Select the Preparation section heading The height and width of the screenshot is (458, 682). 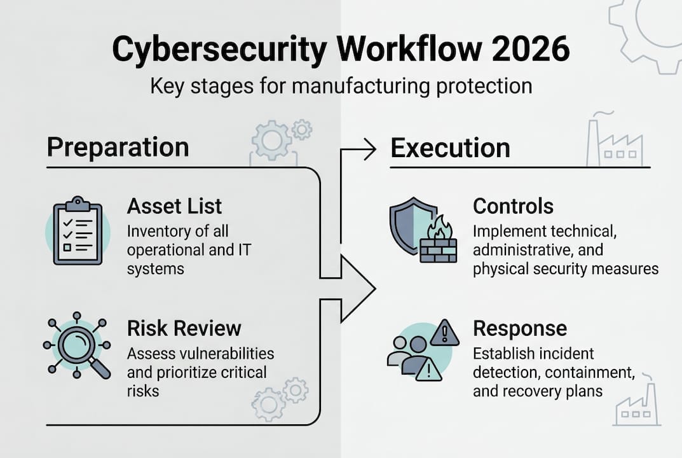[x=118, y=147]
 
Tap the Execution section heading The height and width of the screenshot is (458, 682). [x=450, y=148]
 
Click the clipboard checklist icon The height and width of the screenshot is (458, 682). [x=78, y=230]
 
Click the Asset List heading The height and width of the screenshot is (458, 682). [x=174, y=206]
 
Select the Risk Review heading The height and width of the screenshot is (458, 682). [x=184, y=328]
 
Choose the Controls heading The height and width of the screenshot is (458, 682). [x=513, y=206]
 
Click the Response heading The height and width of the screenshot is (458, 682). [x=519, y=328]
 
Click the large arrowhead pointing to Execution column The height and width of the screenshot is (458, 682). [x=357, y=288]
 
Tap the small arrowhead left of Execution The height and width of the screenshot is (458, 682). [x=369, y=150]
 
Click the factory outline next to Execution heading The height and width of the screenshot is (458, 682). [x=614, y=141]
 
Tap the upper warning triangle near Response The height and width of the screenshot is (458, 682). [x=444, y=333]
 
